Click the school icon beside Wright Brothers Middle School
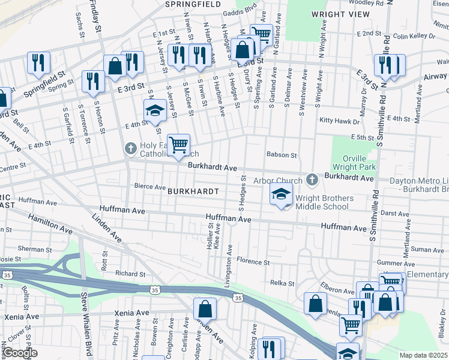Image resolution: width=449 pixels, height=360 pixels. (x=280, y=194)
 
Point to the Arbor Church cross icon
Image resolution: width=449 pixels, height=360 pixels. (x=312, y=179)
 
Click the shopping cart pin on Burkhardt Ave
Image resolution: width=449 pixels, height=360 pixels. (x=178, y=145)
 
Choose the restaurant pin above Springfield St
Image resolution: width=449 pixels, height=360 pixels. (x=38, y=62)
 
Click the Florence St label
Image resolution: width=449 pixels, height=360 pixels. (x=253, y=262)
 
